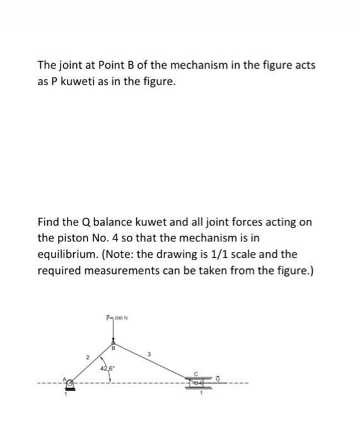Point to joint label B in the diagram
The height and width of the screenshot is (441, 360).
(x=113, y=347)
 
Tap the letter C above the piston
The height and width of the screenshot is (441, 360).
(x=196, y=374)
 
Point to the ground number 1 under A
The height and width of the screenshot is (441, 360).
(x=64, y=395)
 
